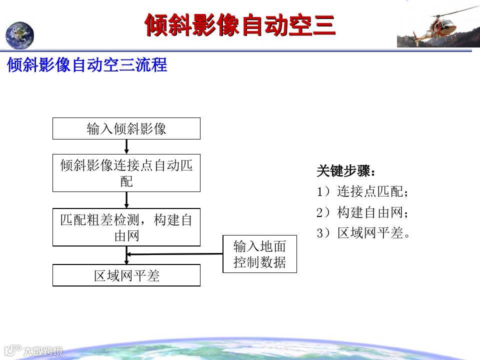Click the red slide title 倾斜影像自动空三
pyautogui.click(x=240, y=25)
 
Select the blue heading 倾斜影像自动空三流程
pyautogui.click(x=87, y=64)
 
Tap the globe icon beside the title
pyautogui.click(x=19, y=35)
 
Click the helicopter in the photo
pyautogui.click(x=441, y=27)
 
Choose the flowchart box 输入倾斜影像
pyautogui.click(x=126, y=128)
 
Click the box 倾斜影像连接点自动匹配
pyautogui.click(x=126, y=173)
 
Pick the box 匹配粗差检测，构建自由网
pyautogui.click(x=126, y=227)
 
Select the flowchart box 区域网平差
pyautogui.click(x=126, y=275)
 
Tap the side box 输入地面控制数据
pyautogui.click(x=259, y=254)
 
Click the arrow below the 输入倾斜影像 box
pyautogui.click(x=126, y=146)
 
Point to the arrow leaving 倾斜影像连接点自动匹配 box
pyautogui.click(x=126, y=200)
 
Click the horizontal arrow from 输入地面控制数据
pyautogui.click(x=175, y=254)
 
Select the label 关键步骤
pyautogui.click(x=346, y=171)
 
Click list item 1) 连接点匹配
pyautogui.click(x=362, y=191)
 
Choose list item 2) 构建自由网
pyautogui.click(x=362, y=212)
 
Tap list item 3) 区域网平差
pyautogui.click(x=363, y=233)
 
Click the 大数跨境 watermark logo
pyautogui.click(x=33, y=350)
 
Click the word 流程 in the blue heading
pyautogui.click(x=151, y=64)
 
